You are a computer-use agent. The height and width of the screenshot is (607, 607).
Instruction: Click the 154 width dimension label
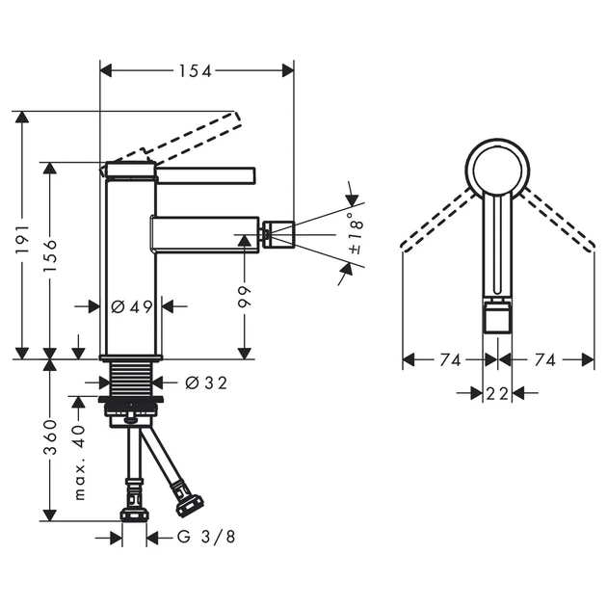[195, 71]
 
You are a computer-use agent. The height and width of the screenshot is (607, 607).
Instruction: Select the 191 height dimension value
[23, 239]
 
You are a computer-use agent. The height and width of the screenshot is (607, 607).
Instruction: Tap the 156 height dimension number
[50, 255]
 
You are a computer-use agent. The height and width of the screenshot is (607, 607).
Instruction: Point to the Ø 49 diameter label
[132, 307]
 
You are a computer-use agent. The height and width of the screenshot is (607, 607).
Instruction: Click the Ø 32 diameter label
[206, 383]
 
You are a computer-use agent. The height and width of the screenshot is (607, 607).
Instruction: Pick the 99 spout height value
[245, 298]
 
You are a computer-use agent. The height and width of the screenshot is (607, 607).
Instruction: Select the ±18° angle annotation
[356, 233]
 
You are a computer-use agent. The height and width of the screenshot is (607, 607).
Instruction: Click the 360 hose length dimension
[50, 437]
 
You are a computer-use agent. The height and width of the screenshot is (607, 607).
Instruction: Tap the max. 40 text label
[79, 462]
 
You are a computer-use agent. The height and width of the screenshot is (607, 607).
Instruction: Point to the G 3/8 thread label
[206, 537]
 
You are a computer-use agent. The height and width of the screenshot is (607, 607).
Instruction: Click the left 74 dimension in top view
[450, 360]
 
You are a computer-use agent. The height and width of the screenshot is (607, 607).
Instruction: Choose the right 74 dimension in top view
[545, 360]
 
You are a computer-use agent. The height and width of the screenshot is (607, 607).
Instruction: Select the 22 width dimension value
[497, 394]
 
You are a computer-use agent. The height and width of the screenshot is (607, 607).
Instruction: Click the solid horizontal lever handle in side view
[205, 175]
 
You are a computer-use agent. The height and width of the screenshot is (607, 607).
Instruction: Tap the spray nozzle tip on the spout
[278, 234]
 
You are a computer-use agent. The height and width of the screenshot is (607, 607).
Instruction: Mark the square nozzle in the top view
[497, 318]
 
